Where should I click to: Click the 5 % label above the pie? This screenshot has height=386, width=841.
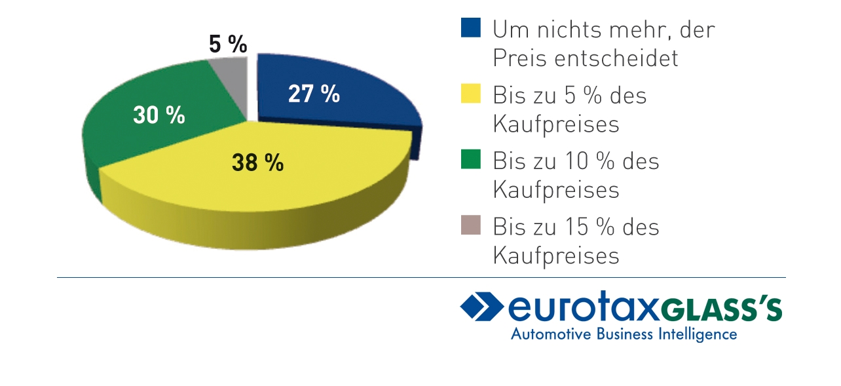point(228,44)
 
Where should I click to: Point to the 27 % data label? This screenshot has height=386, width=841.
point(314,94)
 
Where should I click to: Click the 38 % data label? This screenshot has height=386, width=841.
point(257,163)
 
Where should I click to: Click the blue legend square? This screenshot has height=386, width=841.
point(470,28)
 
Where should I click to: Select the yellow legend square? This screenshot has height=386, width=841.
point(470,94)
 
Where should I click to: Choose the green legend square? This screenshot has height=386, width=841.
point(470,159)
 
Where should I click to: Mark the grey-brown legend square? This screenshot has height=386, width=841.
point(470,225)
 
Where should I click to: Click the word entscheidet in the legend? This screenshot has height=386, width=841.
point(616,58)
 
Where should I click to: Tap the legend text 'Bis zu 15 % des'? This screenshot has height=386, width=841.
point(576,227)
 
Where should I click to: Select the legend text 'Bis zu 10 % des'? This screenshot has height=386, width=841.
point(576,161)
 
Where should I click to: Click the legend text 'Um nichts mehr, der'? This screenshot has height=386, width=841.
point(603,29)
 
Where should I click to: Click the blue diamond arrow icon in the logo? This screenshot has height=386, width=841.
point(482,307)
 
